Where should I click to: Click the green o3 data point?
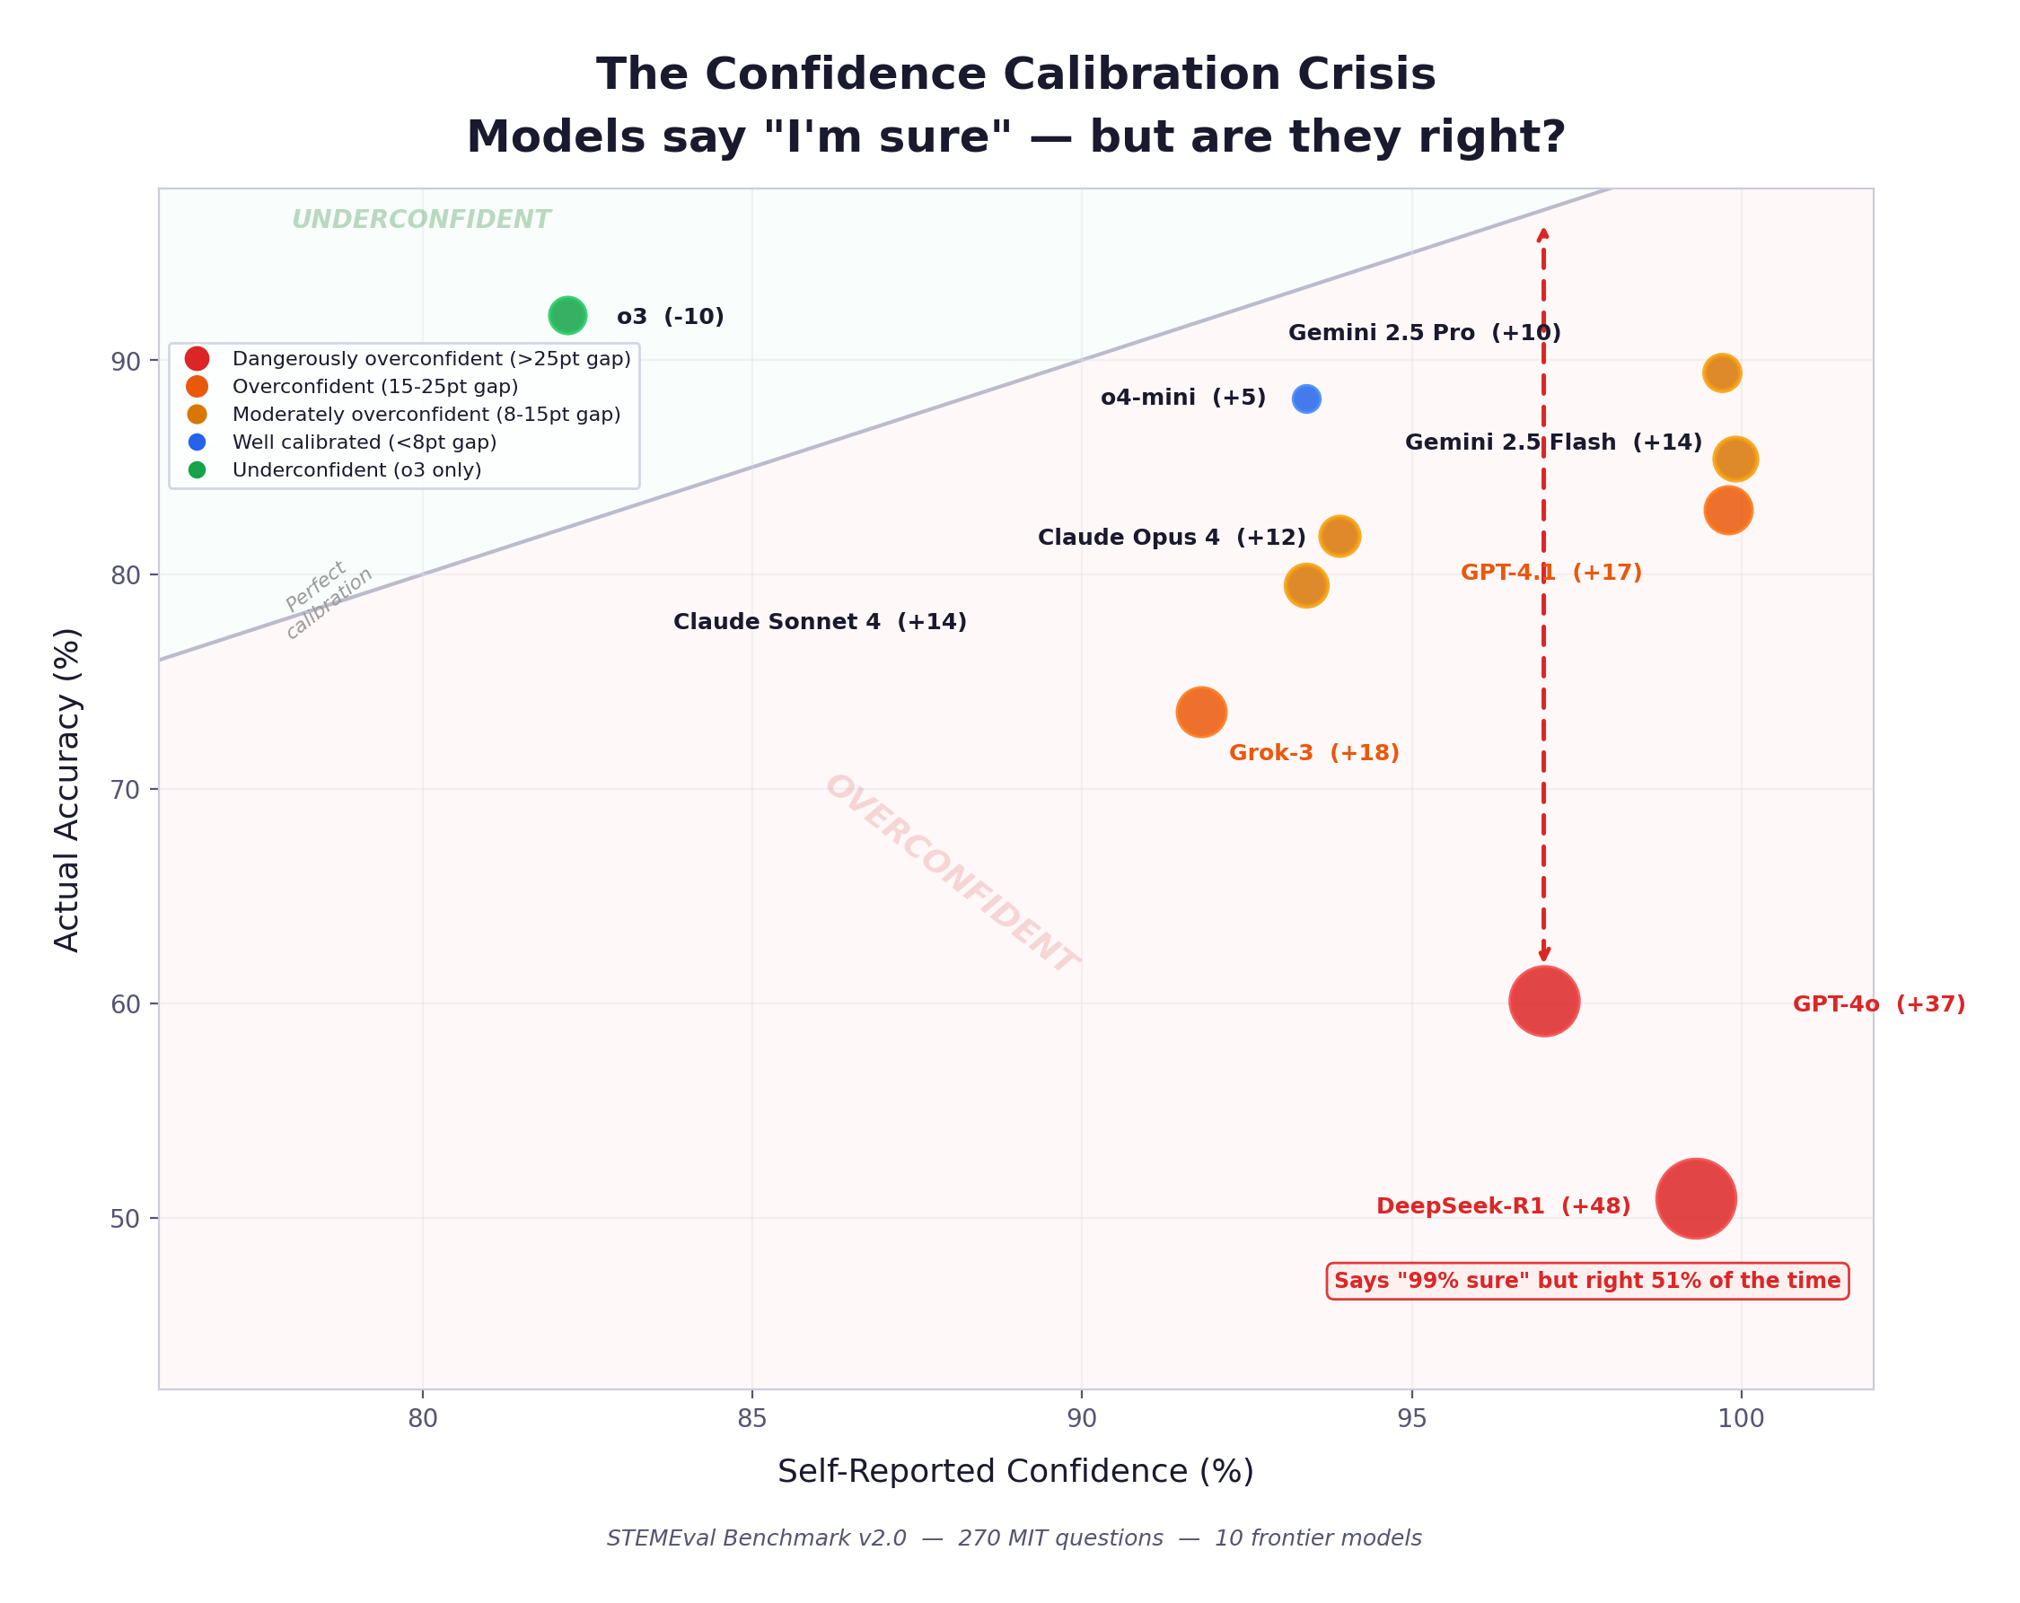pyautogui.click(x=566, y=316)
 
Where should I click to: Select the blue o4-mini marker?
pyautogui.click(x=1306, y=399)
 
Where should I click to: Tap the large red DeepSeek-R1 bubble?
pyautogui.click(x=1696, y=1198)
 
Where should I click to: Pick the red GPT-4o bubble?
pyautogui.click(x=1544, y=1002)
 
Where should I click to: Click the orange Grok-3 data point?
pyautogui.click(x=1201, y=712)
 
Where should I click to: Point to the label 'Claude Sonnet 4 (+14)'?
pyautogui.click(x=820, y=622)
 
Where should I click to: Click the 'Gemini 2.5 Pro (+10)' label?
pyautogui.click(x=1424, y=333)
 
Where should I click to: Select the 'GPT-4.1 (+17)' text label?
pyautogui.click(x=1551, y=573)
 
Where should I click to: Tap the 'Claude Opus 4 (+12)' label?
pyautogui.click(x=1171, y=538)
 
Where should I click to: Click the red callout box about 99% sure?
pyautogui.click(x=1587, y=1281)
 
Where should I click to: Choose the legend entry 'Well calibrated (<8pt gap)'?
pyautogui.click(x=364, y=442)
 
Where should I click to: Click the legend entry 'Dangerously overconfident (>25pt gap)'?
pyautogui.click(x=431, y=359)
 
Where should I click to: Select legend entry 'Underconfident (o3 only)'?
pyautogui.click(x=356, y=470)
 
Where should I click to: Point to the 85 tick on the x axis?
pyautogui.click(x=751, y=1418)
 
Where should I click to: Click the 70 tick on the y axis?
pyautogui.click(x=126, y=790)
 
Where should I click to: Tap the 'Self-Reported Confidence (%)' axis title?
pyautogui.click(x=1015, y=1471)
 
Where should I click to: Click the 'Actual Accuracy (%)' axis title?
pyautogui.click(x=67, y=790)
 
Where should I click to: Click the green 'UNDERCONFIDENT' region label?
pyautogui.click(x=421, y=220)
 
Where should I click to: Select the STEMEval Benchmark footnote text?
pyautogui.click(x=1014, y=1538)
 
